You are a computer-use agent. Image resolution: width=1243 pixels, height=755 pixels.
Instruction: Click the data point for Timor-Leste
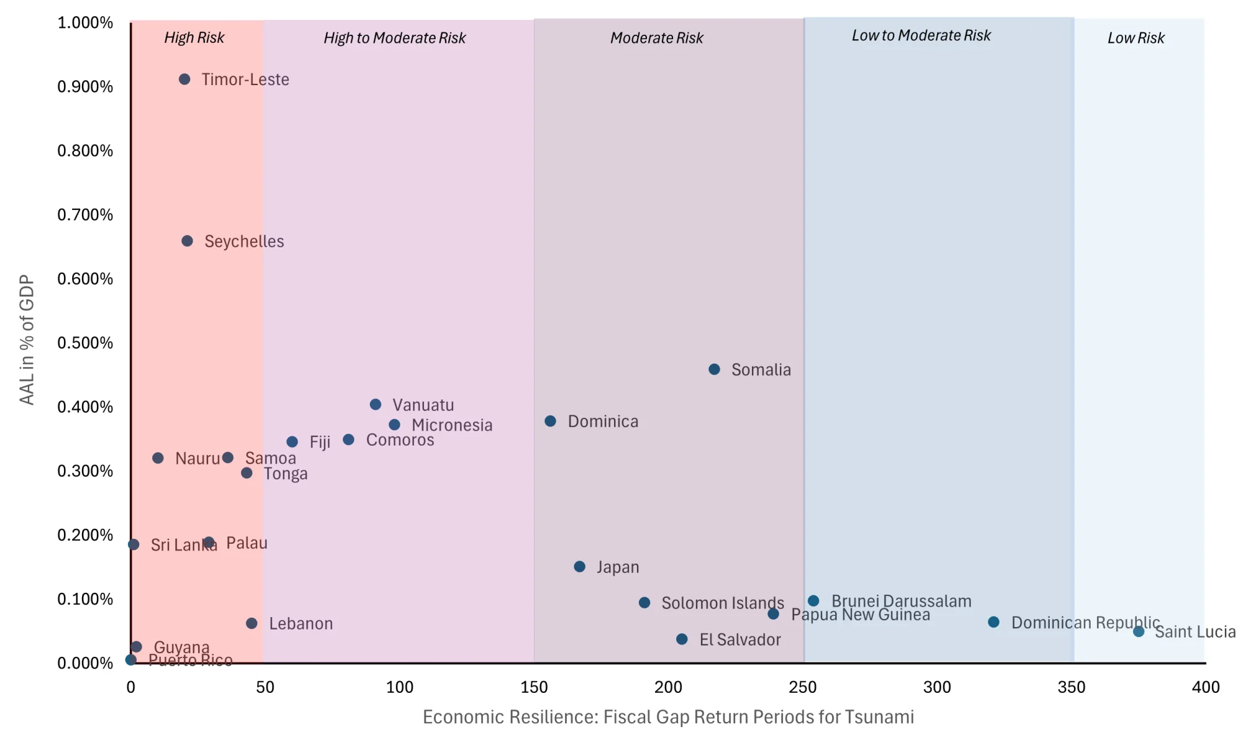click(x=185, y=80)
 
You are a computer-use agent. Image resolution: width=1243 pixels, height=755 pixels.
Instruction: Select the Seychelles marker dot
click(x=187, y=241)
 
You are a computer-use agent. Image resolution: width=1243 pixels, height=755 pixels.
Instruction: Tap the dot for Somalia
click(x=715, y=370)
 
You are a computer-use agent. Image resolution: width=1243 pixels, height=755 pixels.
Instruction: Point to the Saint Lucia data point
click(x=1139, y=632)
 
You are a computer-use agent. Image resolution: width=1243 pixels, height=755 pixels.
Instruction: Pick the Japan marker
click(x=580, y=567)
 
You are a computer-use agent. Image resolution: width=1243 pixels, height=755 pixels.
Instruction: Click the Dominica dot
click(x=551, y=421)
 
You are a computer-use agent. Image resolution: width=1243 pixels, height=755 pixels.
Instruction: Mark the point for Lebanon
click(x=252, y=623)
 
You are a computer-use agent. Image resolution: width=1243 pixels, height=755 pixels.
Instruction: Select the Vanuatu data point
click(x=375, y=405)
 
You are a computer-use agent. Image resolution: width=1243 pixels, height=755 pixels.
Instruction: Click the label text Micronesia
click(x=452, y=426)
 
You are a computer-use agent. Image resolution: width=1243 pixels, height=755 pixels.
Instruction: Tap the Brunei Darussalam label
click(x=901, y=602)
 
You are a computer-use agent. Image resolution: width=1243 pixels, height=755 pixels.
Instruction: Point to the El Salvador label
click(x=740, y=640)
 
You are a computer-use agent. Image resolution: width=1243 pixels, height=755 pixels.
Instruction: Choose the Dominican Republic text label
click(x=1085, y=623)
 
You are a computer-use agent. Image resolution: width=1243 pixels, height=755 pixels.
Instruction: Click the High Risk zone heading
click(x=194, y=38)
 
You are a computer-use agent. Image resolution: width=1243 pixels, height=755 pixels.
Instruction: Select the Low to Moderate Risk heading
click(x=921, y=36)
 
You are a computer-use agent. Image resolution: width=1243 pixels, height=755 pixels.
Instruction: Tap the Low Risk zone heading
click(x=1135, y=39)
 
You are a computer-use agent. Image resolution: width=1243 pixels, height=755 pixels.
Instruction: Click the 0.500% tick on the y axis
click(x=85, y=343)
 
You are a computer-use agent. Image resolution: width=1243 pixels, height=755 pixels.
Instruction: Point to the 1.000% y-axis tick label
click(x=85, y=23)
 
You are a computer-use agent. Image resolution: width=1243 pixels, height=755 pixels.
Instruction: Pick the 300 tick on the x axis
click(x=937, y=687)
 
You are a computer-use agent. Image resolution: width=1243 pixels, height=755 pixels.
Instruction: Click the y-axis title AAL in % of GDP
click(x=27, y=340)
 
